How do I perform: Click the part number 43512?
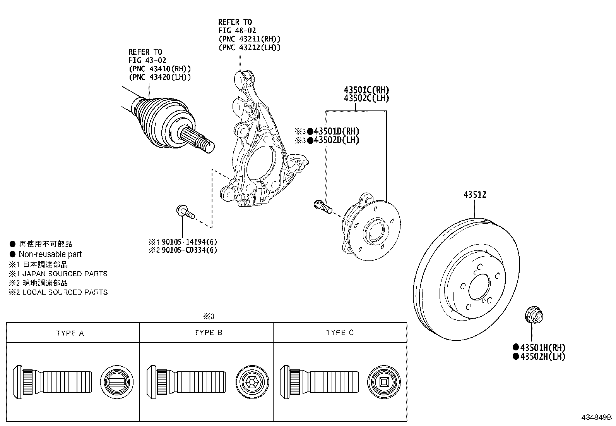pos(475,195)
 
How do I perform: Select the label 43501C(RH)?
pos(366,90)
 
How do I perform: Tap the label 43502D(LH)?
pos(337,140)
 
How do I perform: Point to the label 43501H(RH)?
pos(542,347)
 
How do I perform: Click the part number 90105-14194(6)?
pos(189,242)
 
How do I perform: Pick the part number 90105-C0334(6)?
pos(189,250)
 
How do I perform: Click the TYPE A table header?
pos(70,333)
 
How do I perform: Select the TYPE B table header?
pos(208,333)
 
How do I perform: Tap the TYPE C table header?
pos(340,333)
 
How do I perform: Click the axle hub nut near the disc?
pos(534,314)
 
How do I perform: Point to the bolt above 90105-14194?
pos(185,212)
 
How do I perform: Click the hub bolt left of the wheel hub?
pos(323,207)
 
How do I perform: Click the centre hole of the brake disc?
pos(479,286)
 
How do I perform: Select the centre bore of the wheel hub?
pos(374,231)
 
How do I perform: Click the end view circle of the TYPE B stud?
pos(252,382)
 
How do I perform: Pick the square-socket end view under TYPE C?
pos(384,382)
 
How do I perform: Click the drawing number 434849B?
pos(596,417)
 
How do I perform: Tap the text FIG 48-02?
pos(237,30)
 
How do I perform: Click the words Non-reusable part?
pos(50,254)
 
